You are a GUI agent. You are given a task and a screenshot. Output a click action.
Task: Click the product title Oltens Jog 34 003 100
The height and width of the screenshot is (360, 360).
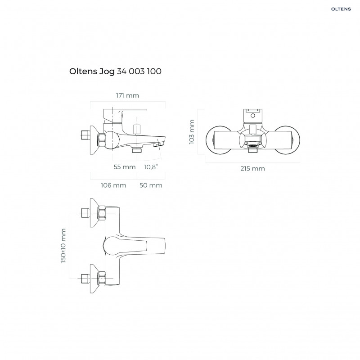point(116,71)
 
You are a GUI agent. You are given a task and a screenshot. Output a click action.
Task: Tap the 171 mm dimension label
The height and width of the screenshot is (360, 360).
point(127,95)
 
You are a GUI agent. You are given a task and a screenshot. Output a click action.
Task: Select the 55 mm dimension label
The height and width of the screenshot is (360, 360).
point(125,167)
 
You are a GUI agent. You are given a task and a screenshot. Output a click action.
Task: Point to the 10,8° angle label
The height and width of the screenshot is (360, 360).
point(151,167)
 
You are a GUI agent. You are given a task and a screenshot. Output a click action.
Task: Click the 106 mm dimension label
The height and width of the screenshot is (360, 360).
point(113,185)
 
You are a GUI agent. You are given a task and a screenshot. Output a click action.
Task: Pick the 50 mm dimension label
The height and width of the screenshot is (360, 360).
point(151,185)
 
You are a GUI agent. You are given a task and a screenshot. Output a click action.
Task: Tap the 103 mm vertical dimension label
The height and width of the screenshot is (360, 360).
point(192,131)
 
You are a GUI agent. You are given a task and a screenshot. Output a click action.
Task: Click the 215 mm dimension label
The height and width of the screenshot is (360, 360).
point(252,168)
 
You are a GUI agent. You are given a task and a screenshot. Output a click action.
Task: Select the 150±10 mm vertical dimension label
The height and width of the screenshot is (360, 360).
point(63,245)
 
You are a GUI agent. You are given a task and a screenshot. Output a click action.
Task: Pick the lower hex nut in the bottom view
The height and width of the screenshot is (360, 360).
point(102,279)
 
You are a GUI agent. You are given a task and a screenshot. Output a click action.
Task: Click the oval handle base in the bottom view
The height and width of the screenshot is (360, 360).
point(112,245)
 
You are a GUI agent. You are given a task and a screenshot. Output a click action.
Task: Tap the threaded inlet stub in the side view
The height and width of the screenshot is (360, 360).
point(84,135)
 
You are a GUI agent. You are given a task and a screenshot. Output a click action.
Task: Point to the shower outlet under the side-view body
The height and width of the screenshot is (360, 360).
point(138,150)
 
